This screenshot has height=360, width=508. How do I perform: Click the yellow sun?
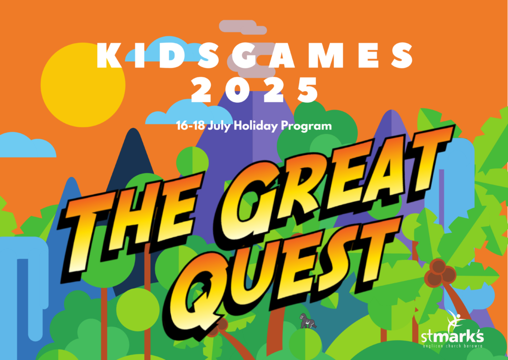[83, 85]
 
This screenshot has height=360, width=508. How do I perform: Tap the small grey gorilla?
[308, 321]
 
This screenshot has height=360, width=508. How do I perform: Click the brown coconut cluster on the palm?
[440, 273]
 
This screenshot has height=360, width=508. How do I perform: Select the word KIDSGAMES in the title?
[254, 56]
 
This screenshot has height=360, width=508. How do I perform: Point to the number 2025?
[254, 90]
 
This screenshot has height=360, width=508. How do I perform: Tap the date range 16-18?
[190, 125]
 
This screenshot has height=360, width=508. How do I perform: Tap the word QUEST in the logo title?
[282, 275]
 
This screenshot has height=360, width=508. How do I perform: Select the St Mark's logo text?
[452, 337]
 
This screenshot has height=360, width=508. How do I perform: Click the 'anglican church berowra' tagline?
[452, 346]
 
